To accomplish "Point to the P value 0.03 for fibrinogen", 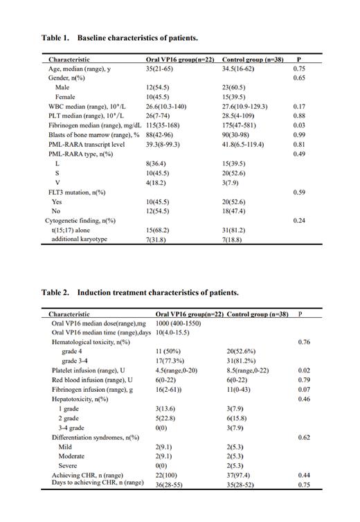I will tap(300, 125).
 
